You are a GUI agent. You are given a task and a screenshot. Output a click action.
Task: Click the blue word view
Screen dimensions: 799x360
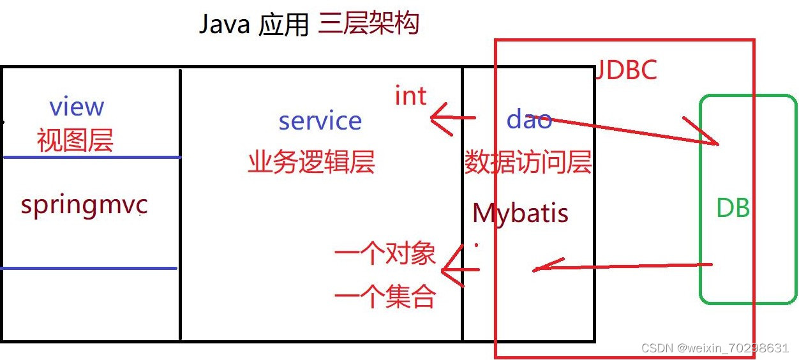coord(77,107)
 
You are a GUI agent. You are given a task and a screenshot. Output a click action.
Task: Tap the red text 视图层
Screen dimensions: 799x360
coord(75,140)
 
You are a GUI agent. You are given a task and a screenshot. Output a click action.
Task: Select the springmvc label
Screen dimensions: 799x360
coord(84,206)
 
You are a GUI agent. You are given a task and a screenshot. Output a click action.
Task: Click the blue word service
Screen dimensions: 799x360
coord(320,120)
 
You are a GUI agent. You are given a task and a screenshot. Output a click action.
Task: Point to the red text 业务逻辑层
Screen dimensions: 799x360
coord(311,163)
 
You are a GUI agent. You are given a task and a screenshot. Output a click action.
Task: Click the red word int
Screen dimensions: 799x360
coord(410,96)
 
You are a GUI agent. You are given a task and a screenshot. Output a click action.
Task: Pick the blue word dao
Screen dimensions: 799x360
coord(529,119)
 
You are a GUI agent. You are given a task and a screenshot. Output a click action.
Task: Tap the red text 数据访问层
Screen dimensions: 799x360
coord(528,163)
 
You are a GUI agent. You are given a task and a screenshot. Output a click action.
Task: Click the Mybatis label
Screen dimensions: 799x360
coord(520,213)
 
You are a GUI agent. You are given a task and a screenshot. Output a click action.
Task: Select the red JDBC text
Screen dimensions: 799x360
coord(625,70)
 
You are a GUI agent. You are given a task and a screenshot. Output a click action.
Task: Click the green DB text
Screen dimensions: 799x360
coord(733,209)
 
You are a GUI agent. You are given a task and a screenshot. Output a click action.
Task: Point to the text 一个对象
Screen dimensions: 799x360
coord(385,255)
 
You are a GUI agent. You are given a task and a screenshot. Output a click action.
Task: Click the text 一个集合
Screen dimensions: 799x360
coord(385,297)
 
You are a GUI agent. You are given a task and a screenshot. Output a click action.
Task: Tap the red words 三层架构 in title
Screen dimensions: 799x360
coord(368,24)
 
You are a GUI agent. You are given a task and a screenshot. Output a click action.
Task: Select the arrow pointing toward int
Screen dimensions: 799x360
coord(452,118)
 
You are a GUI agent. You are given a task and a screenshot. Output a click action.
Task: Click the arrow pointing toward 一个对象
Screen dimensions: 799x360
coord(459,269)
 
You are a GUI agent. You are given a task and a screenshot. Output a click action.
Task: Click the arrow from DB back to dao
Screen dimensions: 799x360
coord(622,266)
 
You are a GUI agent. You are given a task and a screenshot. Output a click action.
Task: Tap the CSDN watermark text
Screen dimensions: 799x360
coord(715,348)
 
